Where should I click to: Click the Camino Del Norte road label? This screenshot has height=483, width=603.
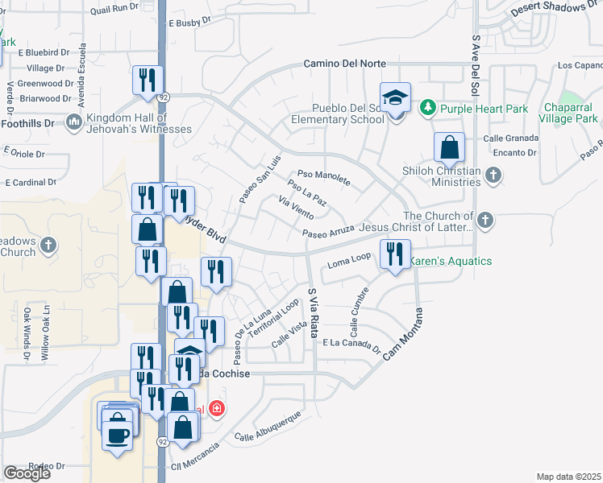coord(344,64)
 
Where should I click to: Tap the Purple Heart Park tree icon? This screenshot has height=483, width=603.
coord(428,107)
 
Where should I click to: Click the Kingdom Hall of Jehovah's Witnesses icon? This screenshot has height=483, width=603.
coord(75,122)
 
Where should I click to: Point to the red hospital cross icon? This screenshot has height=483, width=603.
coord(216,409)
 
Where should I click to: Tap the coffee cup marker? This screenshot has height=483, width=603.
coord(118,435)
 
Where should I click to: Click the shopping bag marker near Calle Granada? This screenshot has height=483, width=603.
coord(449,147)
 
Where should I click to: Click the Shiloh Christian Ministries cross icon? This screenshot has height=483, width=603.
coord(493,175)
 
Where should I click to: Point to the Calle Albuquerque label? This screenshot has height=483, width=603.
coord(268,426)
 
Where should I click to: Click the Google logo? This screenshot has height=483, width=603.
coord(27,473)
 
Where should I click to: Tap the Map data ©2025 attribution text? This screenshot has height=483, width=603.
coord(568,477)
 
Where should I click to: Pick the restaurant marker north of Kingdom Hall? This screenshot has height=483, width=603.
coord(148,80)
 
